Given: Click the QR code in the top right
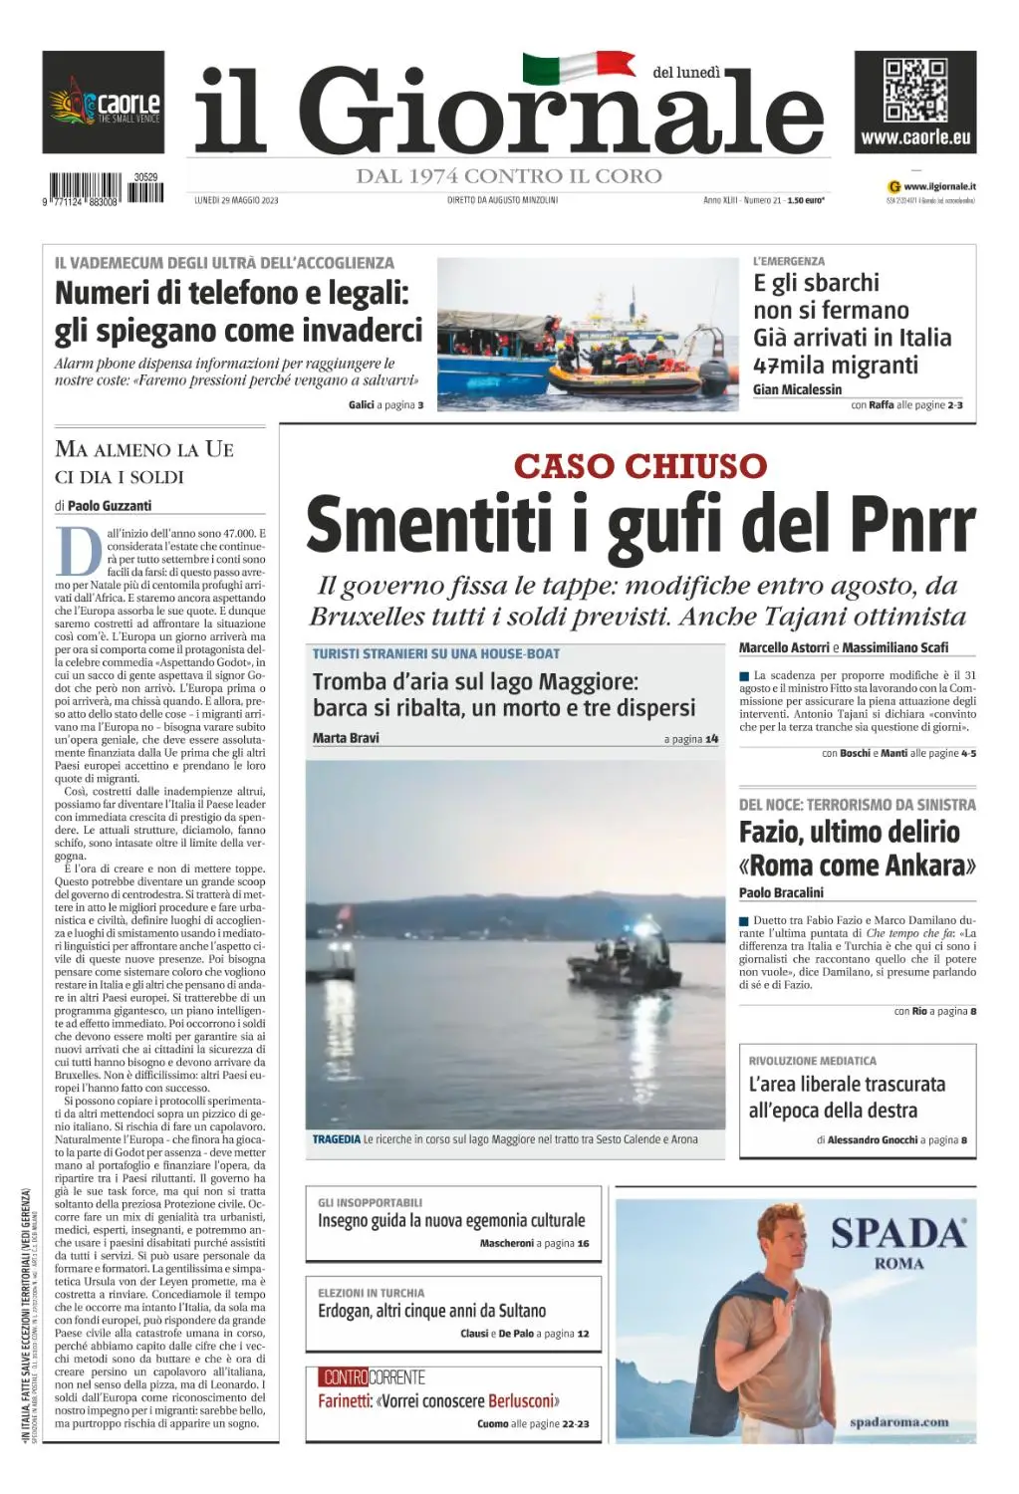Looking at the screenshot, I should pos(914,90).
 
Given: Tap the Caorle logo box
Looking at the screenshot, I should pos(103,103).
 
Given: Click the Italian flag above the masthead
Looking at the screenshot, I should pos(579,67).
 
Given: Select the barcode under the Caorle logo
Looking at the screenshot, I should pos(104,189).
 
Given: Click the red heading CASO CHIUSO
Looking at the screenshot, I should pos(640,465).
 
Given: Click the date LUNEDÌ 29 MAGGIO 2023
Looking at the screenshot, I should pos(236,200).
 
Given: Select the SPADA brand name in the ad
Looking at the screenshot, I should pos(898,1233).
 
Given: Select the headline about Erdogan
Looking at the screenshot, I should pos(432,1311).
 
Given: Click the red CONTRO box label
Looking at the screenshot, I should pos(345,1377).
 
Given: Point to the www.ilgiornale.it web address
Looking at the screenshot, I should pos(938,186).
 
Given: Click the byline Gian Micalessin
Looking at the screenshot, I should pos(797,389).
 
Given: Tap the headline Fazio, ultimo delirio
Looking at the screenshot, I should pos(849,832).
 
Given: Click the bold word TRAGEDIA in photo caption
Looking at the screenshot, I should pos(336,1139).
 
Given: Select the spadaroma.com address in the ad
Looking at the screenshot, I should pos(898,1422).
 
